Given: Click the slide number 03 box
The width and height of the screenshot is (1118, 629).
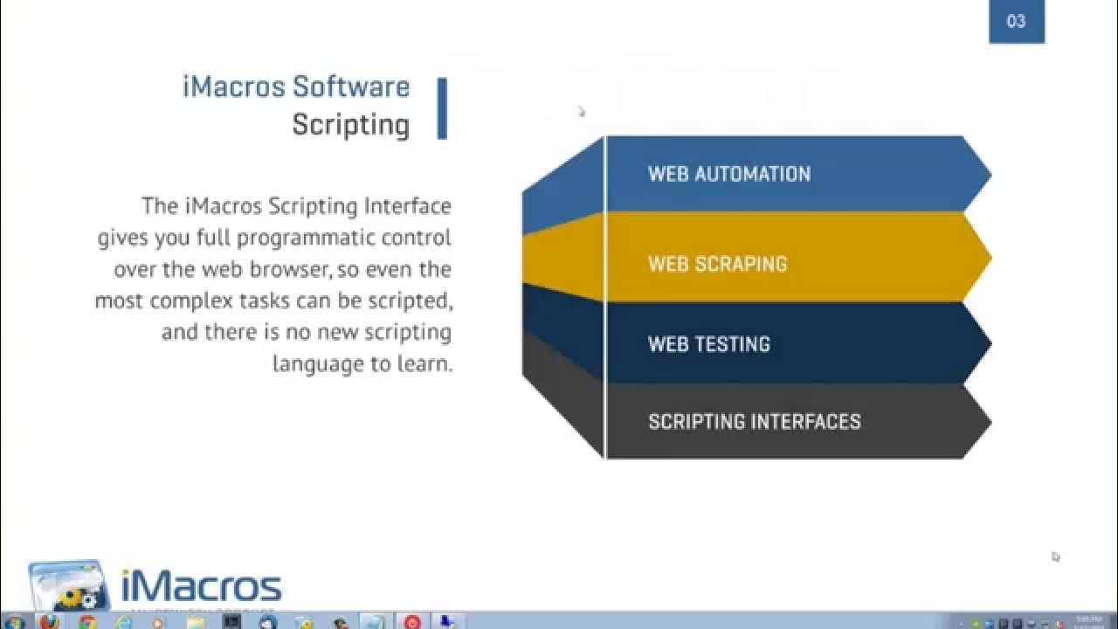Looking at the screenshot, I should tap(1016, 22).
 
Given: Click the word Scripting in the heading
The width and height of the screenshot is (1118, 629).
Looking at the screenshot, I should tap(351, 125).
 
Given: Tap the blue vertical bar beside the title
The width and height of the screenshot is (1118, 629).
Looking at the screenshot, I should tap(442, 108).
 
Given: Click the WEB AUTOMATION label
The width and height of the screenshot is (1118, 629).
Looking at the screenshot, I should tap(728, 174).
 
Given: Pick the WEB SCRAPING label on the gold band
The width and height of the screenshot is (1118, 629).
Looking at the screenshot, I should tap(717, 264).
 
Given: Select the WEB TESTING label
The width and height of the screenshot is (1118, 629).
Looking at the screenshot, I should tap(708, 344).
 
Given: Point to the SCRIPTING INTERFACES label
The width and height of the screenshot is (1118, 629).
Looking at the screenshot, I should tap(754, 422).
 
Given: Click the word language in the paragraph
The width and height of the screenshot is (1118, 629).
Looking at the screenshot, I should tap(317, 363).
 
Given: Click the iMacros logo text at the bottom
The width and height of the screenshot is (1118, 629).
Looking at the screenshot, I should tap(201, 586).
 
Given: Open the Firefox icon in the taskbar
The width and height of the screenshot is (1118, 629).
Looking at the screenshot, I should tap(50, 622).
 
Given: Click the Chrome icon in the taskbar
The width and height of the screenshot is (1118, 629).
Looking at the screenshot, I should tap(86, 622).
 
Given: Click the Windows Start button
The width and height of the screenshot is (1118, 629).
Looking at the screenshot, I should tap(13, 622).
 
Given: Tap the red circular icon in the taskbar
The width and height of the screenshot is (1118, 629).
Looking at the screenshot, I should tap(412, 622).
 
